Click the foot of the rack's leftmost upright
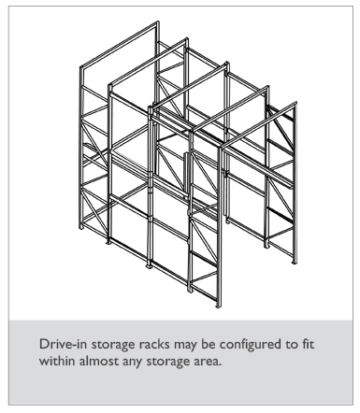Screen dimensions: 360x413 click(81, 227)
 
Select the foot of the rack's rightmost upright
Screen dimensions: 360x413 click(294, 263)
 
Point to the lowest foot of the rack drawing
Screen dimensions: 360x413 click(219, 306)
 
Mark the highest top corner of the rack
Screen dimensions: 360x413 click(157, 22)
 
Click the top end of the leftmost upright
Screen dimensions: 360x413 click(81, 67)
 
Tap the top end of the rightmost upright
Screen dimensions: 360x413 click(295, 103)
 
